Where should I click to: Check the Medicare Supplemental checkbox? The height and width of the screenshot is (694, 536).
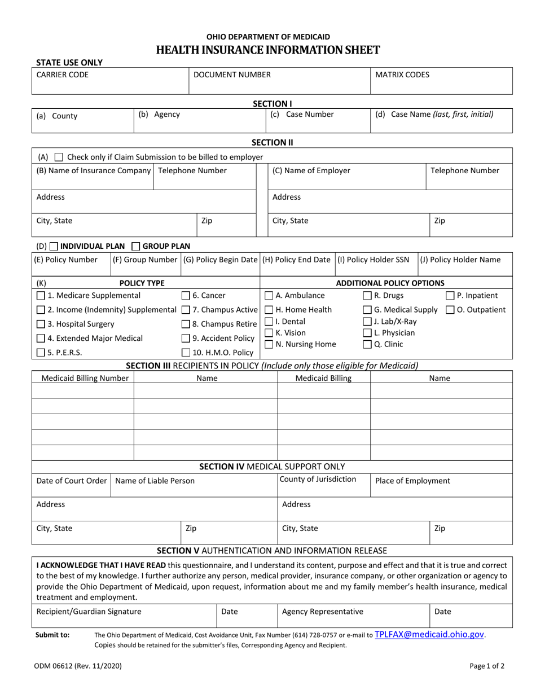click(x=41, y=296)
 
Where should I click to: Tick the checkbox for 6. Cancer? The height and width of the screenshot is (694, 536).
click(x=186, y=296)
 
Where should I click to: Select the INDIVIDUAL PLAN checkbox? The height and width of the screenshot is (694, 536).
click(x=54, y=246)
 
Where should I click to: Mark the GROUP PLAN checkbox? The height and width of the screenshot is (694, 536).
click(x=136, y=246)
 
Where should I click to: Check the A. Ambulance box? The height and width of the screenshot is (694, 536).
click(x=269, y=296)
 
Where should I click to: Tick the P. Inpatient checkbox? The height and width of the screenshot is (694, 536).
click(x=450, y=296)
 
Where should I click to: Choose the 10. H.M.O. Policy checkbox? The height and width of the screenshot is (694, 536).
click(x=186, y=353)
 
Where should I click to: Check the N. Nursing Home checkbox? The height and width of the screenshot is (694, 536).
click(x=269, y=344)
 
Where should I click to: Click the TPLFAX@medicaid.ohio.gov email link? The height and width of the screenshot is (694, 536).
click(x=429, y=634)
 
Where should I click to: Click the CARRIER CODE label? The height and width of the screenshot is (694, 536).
click(x=63, y=74)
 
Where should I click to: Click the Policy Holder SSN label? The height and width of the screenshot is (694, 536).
click(x=374, y=260)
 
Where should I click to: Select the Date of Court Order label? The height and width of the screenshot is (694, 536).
click(x=72, y=481)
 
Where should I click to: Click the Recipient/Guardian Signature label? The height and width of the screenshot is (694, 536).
click(x=89, y=611)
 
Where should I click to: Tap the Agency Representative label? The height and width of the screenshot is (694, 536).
click(x=323, y=611)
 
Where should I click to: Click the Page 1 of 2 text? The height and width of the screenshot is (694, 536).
click(x=487, y=666)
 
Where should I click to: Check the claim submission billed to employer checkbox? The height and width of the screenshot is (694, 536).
click(x=59, y=157)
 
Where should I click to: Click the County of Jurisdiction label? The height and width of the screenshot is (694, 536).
click(x=318, y=480)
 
